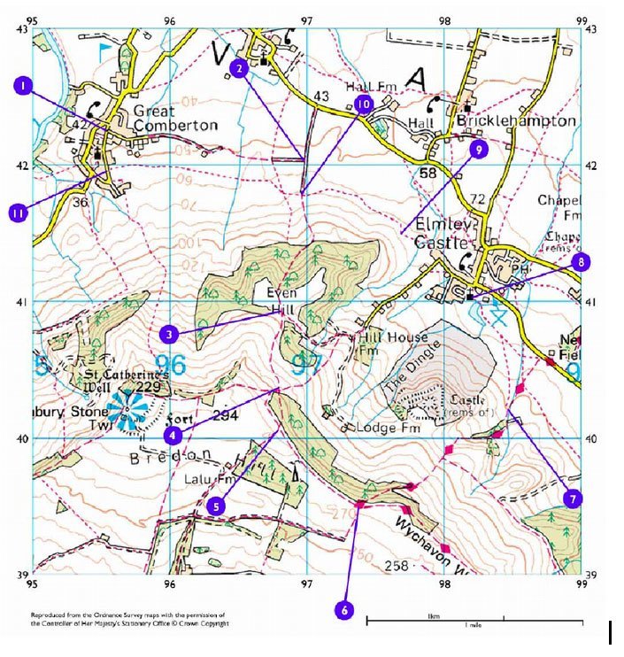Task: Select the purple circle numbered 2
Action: coord(237,67)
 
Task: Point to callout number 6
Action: coord(343,610)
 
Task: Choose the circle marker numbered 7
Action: coord(574,499)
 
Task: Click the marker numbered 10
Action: coord(364,104)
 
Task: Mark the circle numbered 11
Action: coord(18,213)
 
